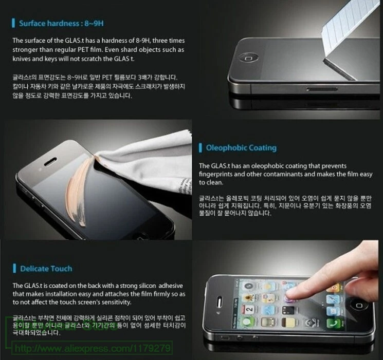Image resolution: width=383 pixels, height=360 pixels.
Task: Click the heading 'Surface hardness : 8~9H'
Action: tap(62, 24)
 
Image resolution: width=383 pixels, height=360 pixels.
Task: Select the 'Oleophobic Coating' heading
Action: tap(241, 148)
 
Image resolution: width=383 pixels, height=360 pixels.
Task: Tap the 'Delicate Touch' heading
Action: tap(46, 269)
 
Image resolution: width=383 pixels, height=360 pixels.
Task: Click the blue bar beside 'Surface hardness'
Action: tap(14, 24)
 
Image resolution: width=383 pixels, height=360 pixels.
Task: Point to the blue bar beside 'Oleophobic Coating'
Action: tap(200, 148)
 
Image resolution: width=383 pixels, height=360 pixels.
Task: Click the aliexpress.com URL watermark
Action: tap(92, 348)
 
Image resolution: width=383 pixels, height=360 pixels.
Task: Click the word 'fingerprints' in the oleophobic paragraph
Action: tap(219, 174)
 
